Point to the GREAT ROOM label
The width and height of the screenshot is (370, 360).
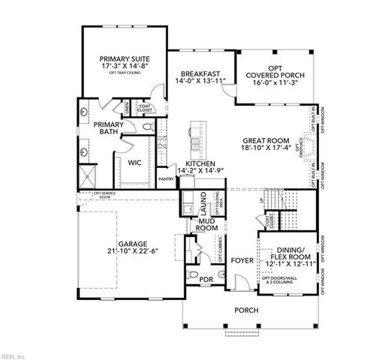click(266, 140)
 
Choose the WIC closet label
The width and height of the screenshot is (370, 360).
click(135, 162)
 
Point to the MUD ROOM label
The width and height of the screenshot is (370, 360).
click(207, 226)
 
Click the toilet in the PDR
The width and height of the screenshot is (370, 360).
click(193, 277)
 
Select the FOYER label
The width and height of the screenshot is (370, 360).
click(242, 261)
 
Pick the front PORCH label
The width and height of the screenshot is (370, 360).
click(246, 310)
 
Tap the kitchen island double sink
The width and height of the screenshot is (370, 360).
click(194, 143)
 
